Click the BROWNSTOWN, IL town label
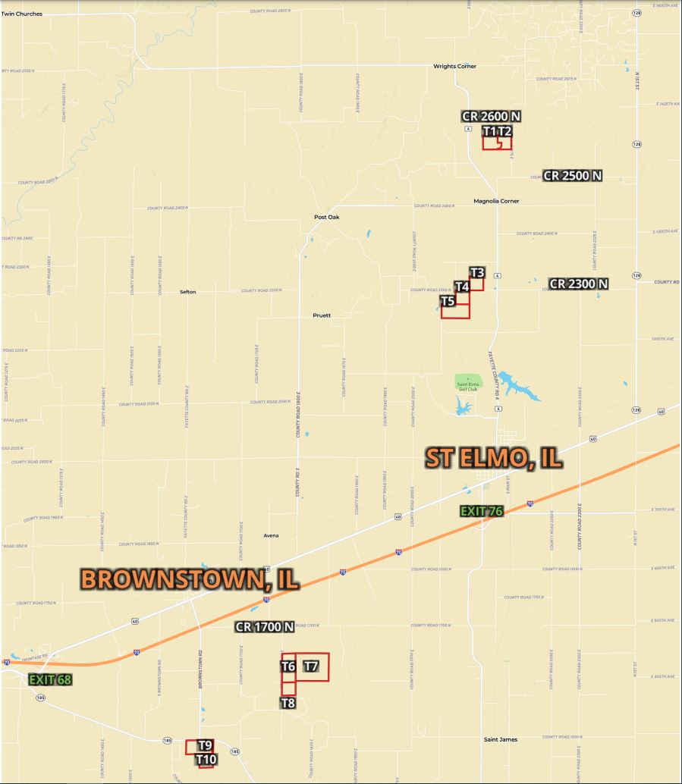coord(190,579)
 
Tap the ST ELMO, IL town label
coord(493,458)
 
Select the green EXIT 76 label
coord(482,511)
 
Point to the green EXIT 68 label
coord(50,679)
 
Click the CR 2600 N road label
coord(492,116)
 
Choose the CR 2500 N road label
coord(573,176)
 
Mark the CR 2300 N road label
coord(579,284)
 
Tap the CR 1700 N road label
coord(265,627)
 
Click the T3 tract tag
coord(477,272)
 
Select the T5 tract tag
coord(448,302)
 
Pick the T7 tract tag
coord(311,666)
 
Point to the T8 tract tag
coord(288,703)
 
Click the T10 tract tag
coord(206,759)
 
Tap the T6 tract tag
coord(288,666)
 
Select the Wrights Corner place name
coord(455,67)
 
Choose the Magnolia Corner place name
coord(496,202)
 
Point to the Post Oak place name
coord(327,218)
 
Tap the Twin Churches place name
coord(22,14)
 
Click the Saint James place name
coord(501,739)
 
